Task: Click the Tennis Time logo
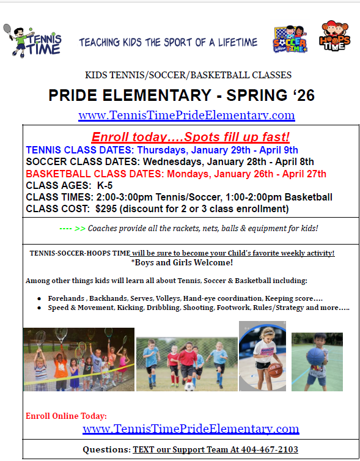[35, 41]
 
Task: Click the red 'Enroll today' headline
[190, 137]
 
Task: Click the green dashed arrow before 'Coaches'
[72, 228]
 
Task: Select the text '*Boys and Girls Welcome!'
[182, 263]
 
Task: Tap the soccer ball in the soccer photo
[189, 386]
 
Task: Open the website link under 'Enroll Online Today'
[191, 429]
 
